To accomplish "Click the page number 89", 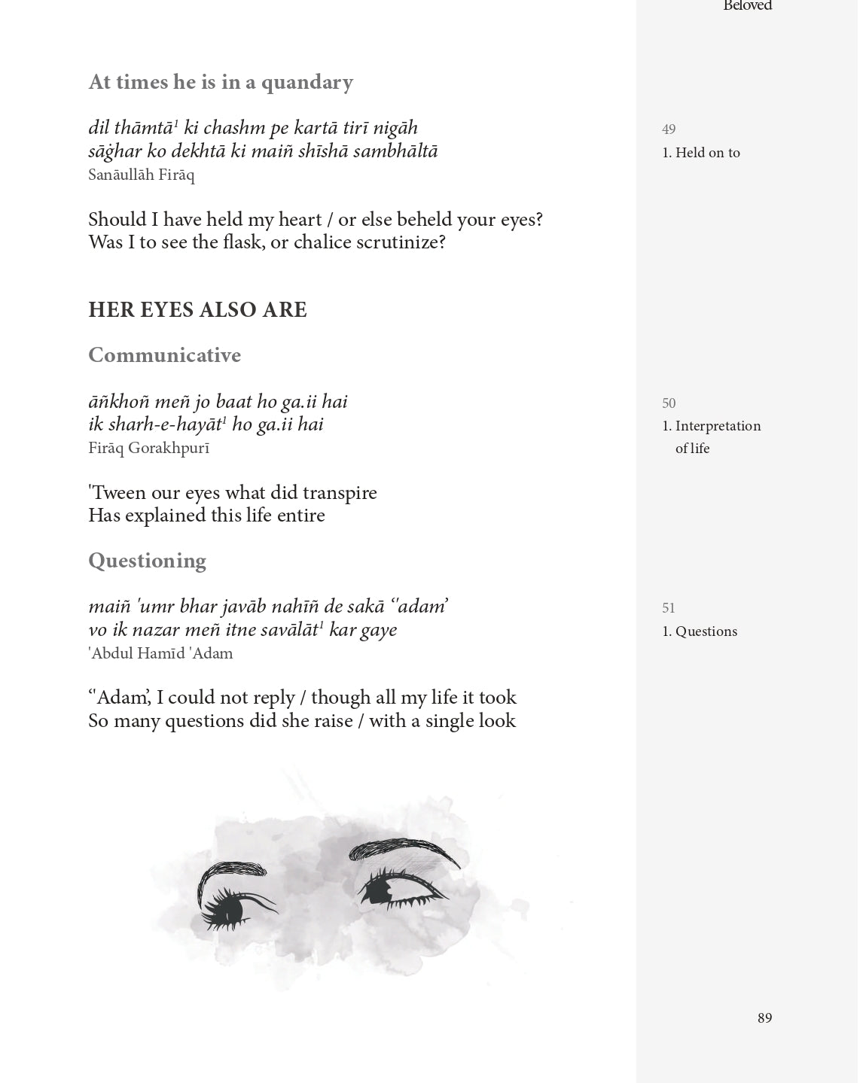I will tap(764, 1018).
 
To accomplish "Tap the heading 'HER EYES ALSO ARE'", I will tap(197, 310).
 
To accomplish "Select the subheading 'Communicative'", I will tap(164, 355).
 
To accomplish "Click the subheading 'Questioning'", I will tap(147, 561).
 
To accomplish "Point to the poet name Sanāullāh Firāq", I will tap(141, 175).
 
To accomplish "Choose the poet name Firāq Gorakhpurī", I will tap(148, 449).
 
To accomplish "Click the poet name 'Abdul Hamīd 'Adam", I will tap(160, 653).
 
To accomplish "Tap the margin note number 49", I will tap(669, 129).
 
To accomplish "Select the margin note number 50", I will tap(669, 403).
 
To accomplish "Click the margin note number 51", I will tap(669, 608).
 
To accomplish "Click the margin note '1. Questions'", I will tap(700, 631).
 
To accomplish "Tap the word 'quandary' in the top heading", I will tap(306, 82).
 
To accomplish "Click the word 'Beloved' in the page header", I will tap(747, 6).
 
